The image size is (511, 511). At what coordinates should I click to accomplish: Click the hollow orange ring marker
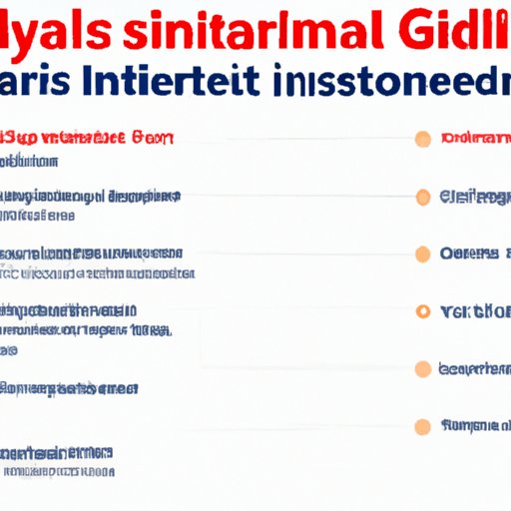423,311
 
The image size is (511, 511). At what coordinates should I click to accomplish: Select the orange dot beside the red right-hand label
423,138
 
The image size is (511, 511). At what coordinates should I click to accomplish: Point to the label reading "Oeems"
469,254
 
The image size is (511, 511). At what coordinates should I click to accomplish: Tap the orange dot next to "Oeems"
423,254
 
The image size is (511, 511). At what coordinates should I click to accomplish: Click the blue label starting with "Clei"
472,197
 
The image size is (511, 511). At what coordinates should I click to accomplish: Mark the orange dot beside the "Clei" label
423,197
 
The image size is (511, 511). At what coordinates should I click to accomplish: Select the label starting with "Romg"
473,425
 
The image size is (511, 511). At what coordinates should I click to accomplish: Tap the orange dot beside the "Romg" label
423,426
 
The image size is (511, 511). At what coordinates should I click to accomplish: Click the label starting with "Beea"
474,368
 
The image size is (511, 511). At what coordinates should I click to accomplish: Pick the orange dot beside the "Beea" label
423,368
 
